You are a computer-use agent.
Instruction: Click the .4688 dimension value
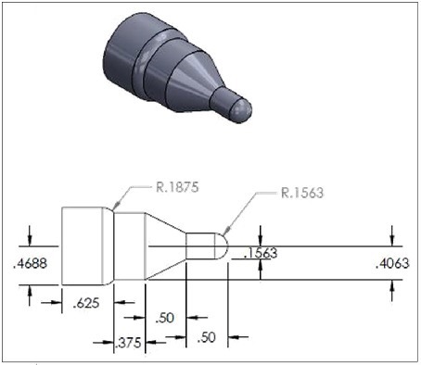click(x=31, y=264)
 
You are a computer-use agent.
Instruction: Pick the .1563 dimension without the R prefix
click(x=262, y=252)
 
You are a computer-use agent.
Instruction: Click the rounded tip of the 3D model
click(x=241, y=109)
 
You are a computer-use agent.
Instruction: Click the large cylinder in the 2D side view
click(x=86, y=246)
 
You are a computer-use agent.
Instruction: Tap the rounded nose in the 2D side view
click(x=222, y=246)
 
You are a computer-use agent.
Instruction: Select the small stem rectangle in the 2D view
click(x=200, y=246)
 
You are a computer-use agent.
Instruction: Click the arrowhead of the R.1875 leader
click(x=115, y=206)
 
